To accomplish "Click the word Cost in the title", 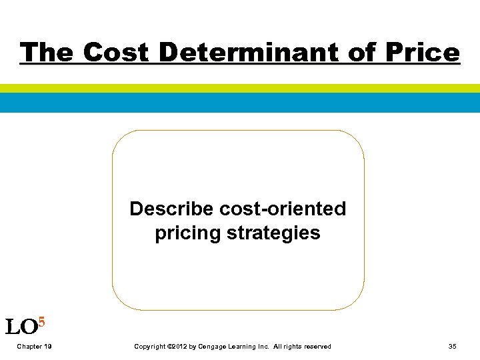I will (x=117, y=52).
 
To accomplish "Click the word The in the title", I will (x=46, y=52).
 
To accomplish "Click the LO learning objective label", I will (x=20, y=327).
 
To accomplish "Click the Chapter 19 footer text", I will (x=35, y=347).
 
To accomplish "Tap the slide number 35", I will (x=453, y=347).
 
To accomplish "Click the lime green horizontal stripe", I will (x=240, y=88).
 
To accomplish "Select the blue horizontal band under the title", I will (x=240, y=103).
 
